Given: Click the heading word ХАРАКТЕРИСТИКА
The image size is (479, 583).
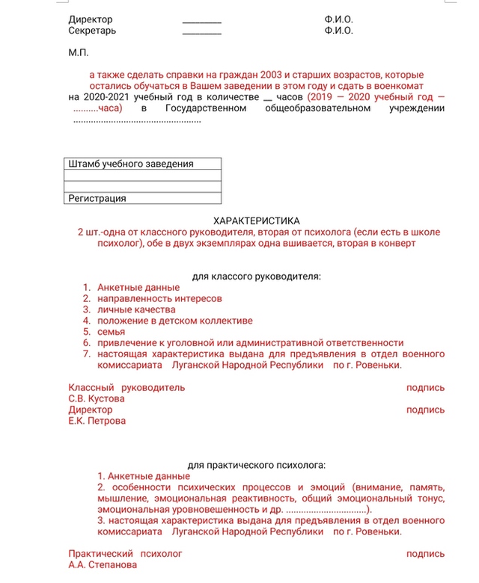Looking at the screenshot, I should (256, 221).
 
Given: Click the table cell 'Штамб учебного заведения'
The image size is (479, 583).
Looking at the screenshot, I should (131, 164).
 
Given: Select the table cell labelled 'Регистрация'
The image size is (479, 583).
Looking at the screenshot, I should (97, 198).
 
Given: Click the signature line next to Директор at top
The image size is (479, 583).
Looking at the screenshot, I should (202, 20).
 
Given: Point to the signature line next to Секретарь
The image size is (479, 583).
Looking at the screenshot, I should (202, 32).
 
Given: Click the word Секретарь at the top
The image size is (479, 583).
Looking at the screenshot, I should (92, 31).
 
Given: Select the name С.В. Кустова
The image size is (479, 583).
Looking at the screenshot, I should (97, 398).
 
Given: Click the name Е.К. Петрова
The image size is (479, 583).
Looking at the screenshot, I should (97, 421).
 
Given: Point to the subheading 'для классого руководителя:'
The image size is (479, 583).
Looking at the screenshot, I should (256, 277).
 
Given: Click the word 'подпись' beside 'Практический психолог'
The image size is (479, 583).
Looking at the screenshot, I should (425, 554).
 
